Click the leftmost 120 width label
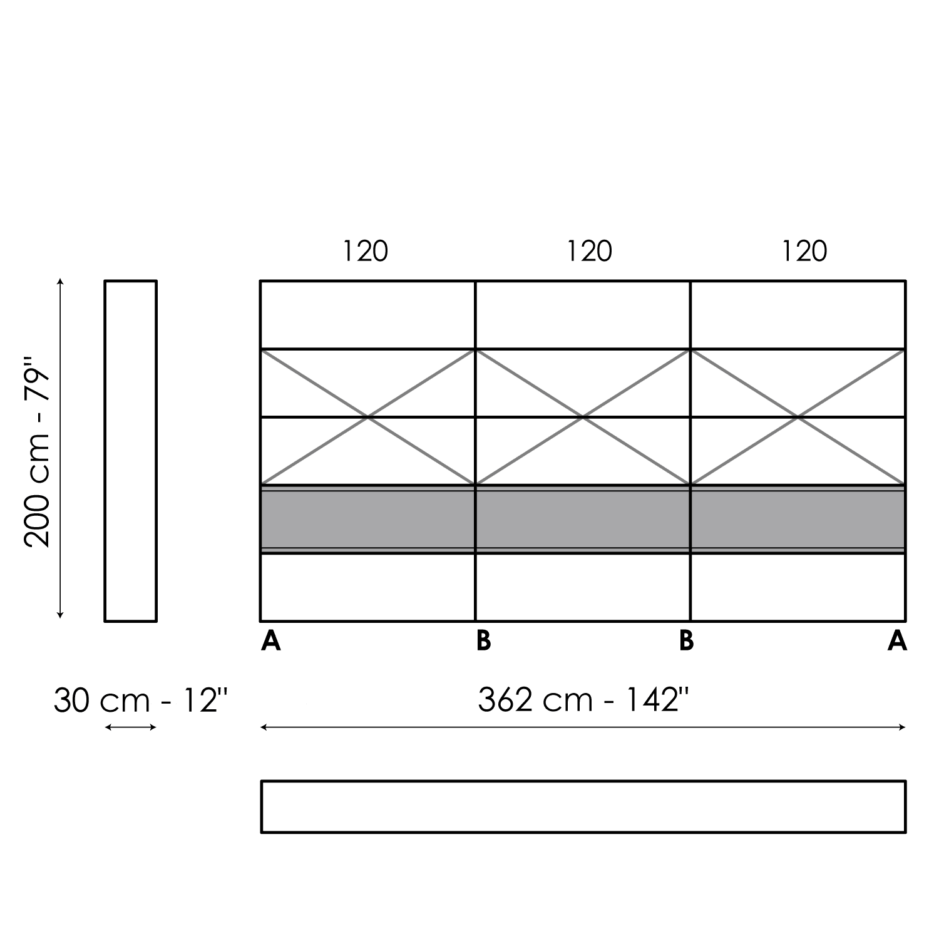click(x=366, y=252)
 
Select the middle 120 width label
click(x=589, y=252)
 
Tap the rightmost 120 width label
click(x=804, y=252)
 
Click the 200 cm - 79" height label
click(x=36, y=452)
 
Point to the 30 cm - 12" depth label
click(x=141, y=700)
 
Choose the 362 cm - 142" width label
click(x=583, y=700)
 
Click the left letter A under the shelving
click(x=271, y=641)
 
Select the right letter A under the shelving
click(x=897, y=641)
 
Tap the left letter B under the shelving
click(x=483, y=641)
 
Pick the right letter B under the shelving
click(x=687, y=641)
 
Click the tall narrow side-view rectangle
click(x=105, y=451)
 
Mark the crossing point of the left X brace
click(x=368, y=417)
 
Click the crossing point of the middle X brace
click(x=583, y=417)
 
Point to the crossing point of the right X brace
click(x=798, y=417)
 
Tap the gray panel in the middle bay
click(x=583, y=520)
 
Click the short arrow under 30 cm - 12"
click(x=130, y=727)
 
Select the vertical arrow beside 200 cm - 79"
click(x=60, y=449)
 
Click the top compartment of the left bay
click(x=368, y=315)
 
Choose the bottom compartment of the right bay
click(x=798, y=587)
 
